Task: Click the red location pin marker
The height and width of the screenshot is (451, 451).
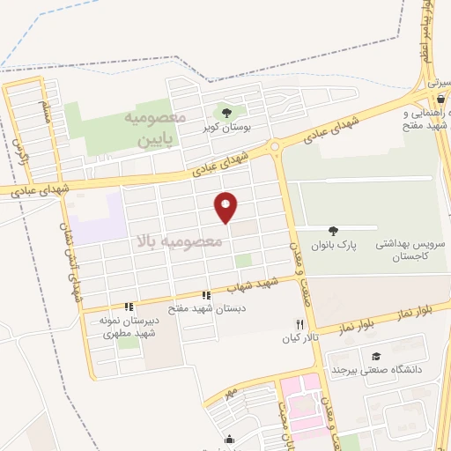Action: pyautogui.click(x=227, y=207)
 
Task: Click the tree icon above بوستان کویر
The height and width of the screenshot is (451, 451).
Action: pyautogui.click(x=227, y=112)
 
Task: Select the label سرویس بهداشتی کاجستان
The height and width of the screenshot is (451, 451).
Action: pyautogui.click(x=407, y=247)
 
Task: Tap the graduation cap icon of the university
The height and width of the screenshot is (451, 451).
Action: pyautogui.click(x=377, y=356)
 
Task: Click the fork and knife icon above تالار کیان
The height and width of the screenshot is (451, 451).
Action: pyautogui.click(x=299, y=325)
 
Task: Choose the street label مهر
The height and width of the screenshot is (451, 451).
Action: pyautogui.click(x=232, y=389)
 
